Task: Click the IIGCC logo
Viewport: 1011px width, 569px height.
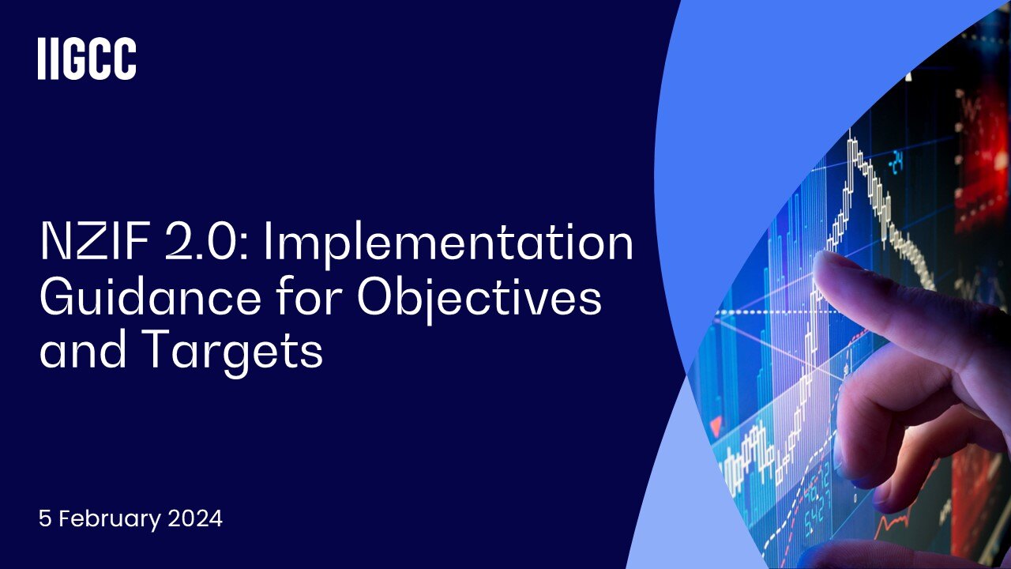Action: click(x=87, y=59)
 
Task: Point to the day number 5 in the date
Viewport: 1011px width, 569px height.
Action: click(x=44, y=519)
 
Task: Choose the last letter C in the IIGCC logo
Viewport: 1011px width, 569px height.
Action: click(x=124, y=59)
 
